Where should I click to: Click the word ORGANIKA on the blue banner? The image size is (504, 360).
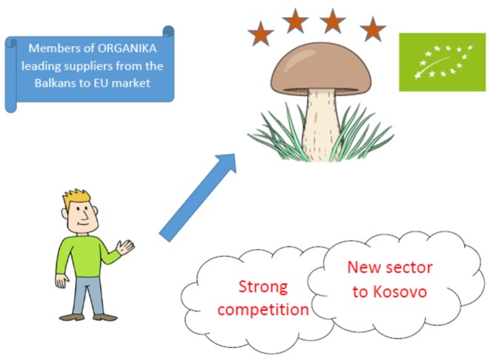pos(127,48)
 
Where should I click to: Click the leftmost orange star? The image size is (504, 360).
pos(260,33)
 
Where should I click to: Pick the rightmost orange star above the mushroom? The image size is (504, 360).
pos(373,29)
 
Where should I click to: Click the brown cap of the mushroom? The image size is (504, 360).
pos(320,69)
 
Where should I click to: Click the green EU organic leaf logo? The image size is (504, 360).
pos(442,62)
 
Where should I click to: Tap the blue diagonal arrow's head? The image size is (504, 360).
pos(227,164)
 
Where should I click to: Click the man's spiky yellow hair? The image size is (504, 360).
pos(76,196)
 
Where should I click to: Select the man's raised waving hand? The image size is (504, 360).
pos(125,247)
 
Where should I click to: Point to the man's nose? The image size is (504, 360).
pos(85,214)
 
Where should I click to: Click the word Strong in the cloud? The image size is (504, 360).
pos(263,287)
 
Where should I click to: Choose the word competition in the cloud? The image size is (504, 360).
pos(263,310)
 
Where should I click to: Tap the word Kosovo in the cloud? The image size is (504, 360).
pos(399,292)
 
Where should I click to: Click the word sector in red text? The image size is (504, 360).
pos(409,267)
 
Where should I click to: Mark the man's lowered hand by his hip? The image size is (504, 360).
pos(62,281)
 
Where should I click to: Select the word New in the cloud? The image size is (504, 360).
pos(364,267)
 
